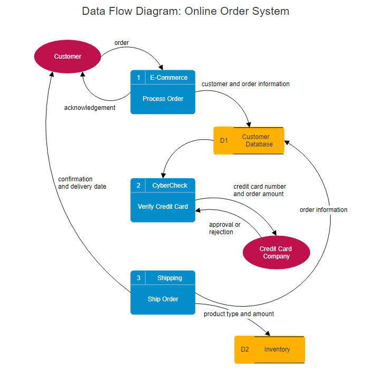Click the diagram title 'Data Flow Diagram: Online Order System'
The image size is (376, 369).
tap(185, 11)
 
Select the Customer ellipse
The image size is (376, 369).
tap(68, 56)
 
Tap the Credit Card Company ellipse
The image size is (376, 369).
tap(276, 253)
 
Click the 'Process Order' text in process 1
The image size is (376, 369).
tap(163, 99)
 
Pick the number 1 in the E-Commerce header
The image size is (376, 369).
tap(138, 78)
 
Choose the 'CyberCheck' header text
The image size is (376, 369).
tap(170, 186)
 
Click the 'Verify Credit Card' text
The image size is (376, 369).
tap(163, 207)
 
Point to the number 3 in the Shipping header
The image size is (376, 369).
tap(138, 278)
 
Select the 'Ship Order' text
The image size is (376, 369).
tap(163, 299)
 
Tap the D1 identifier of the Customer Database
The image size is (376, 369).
tap(224, 141)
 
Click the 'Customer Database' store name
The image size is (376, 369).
tap(257, 141)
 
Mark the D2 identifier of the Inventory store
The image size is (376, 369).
tap(245, 349)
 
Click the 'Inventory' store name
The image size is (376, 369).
tap(277, 349)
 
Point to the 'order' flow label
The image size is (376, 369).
tap(121, 43)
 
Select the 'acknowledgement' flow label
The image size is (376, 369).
tap(90, 108)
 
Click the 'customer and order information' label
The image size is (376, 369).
tap(246, 84)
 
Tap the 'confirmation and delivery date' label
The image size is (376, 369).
tap(82, 183)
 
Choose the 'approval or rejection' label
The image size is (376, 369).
tap(224, 228)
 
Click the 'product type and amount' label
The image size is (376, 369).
tap(239, 314)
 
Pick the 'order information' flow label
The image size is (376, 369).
tap(323, 210)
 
